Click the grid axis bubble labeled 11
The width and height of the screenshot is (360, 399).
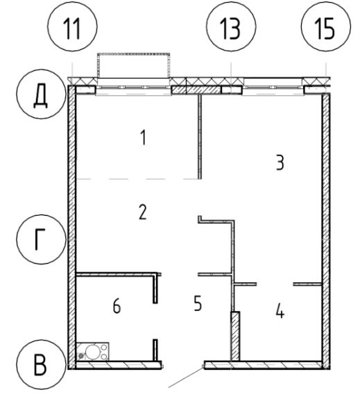click(72, 26)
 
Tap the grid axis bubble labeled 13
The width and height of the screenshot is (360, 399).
click(231, 26)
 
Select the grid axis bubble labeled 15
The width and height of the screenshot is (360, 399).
click(326, 26)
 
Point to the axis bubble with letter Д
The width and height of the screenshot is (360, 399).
click(41, 94)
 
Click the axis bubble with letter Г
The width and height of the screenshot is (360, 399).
click(41, 239)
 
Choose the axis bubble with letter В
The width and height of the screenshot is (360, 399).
click(41, 364)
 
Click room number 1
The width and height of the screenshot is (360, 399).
click(144, 137)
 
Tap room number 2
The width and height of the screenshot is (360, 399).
click(143, 212)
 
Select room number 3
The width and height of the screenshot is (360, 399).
click(280, 163)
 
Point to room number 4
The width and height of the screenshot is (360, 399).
click(280, 311)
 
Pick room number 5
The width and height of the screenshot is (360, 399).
click(198, 303)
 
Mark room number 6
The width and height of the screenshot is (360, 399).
click(117, 306)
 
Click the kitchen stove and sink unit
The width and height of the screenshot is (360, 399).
click(93, 351)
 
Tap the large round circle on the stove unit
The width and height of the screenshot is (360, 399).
click(92, 351)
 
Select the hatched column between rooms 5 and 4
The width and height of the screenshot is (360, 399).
click(235, 336)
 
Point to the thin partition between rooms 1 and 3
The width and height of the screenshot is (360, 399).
click(200, 137)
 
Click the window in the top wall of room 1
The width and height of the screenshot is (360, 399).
click(133, 87)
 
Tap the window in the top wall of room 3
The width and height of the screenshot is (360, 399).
click(273, 87)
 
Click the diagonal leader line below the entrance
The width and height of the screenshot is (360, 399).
click(186, 377)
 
